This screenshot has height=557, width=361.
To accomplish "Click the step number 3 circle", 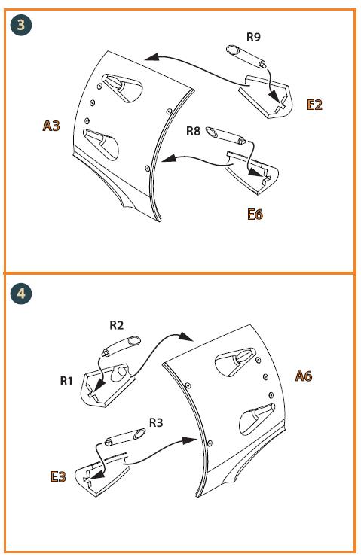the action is click(21, 26).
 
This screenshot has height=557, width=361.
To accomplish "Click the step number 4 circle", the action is click(21, 294).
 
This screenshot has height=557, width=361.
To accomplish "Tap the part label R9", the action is click(253, 37).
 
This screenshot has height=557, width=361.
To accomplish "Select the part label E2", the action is click(315, 105).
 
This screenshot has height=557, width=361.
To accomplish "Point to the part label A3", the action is click(51, 126).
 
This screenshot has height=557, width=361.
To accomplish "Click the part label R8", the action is click(194, 131).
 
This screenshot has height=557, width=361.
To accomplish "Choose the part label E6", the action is click(255, 215).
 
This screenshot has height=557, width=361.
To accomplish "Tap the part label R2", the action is click(116, 325).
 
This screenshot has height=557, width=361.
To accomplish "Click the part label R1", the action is click(66, 381).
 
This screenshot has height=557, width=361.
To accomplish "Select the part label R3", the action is click(155, 422).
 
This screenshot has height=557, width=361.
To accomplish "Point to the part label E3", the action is click(58, 476).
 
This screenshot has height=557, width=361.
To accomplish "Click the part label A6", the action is click(304, 376).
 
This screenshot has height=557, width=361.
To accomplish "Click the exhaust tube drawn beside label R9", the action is click(246, 56).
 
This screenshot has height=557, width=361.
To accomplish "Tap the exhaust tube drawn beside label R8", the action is click(225, 135).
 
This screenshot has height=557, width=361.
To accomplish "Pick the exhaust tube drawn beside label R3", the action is click(125, 437).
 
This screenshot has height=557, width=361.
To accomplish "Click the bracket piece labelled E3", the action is click(102, 473).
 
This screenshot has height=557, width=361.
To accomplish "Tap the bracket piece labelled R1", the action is click(109, 385).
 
